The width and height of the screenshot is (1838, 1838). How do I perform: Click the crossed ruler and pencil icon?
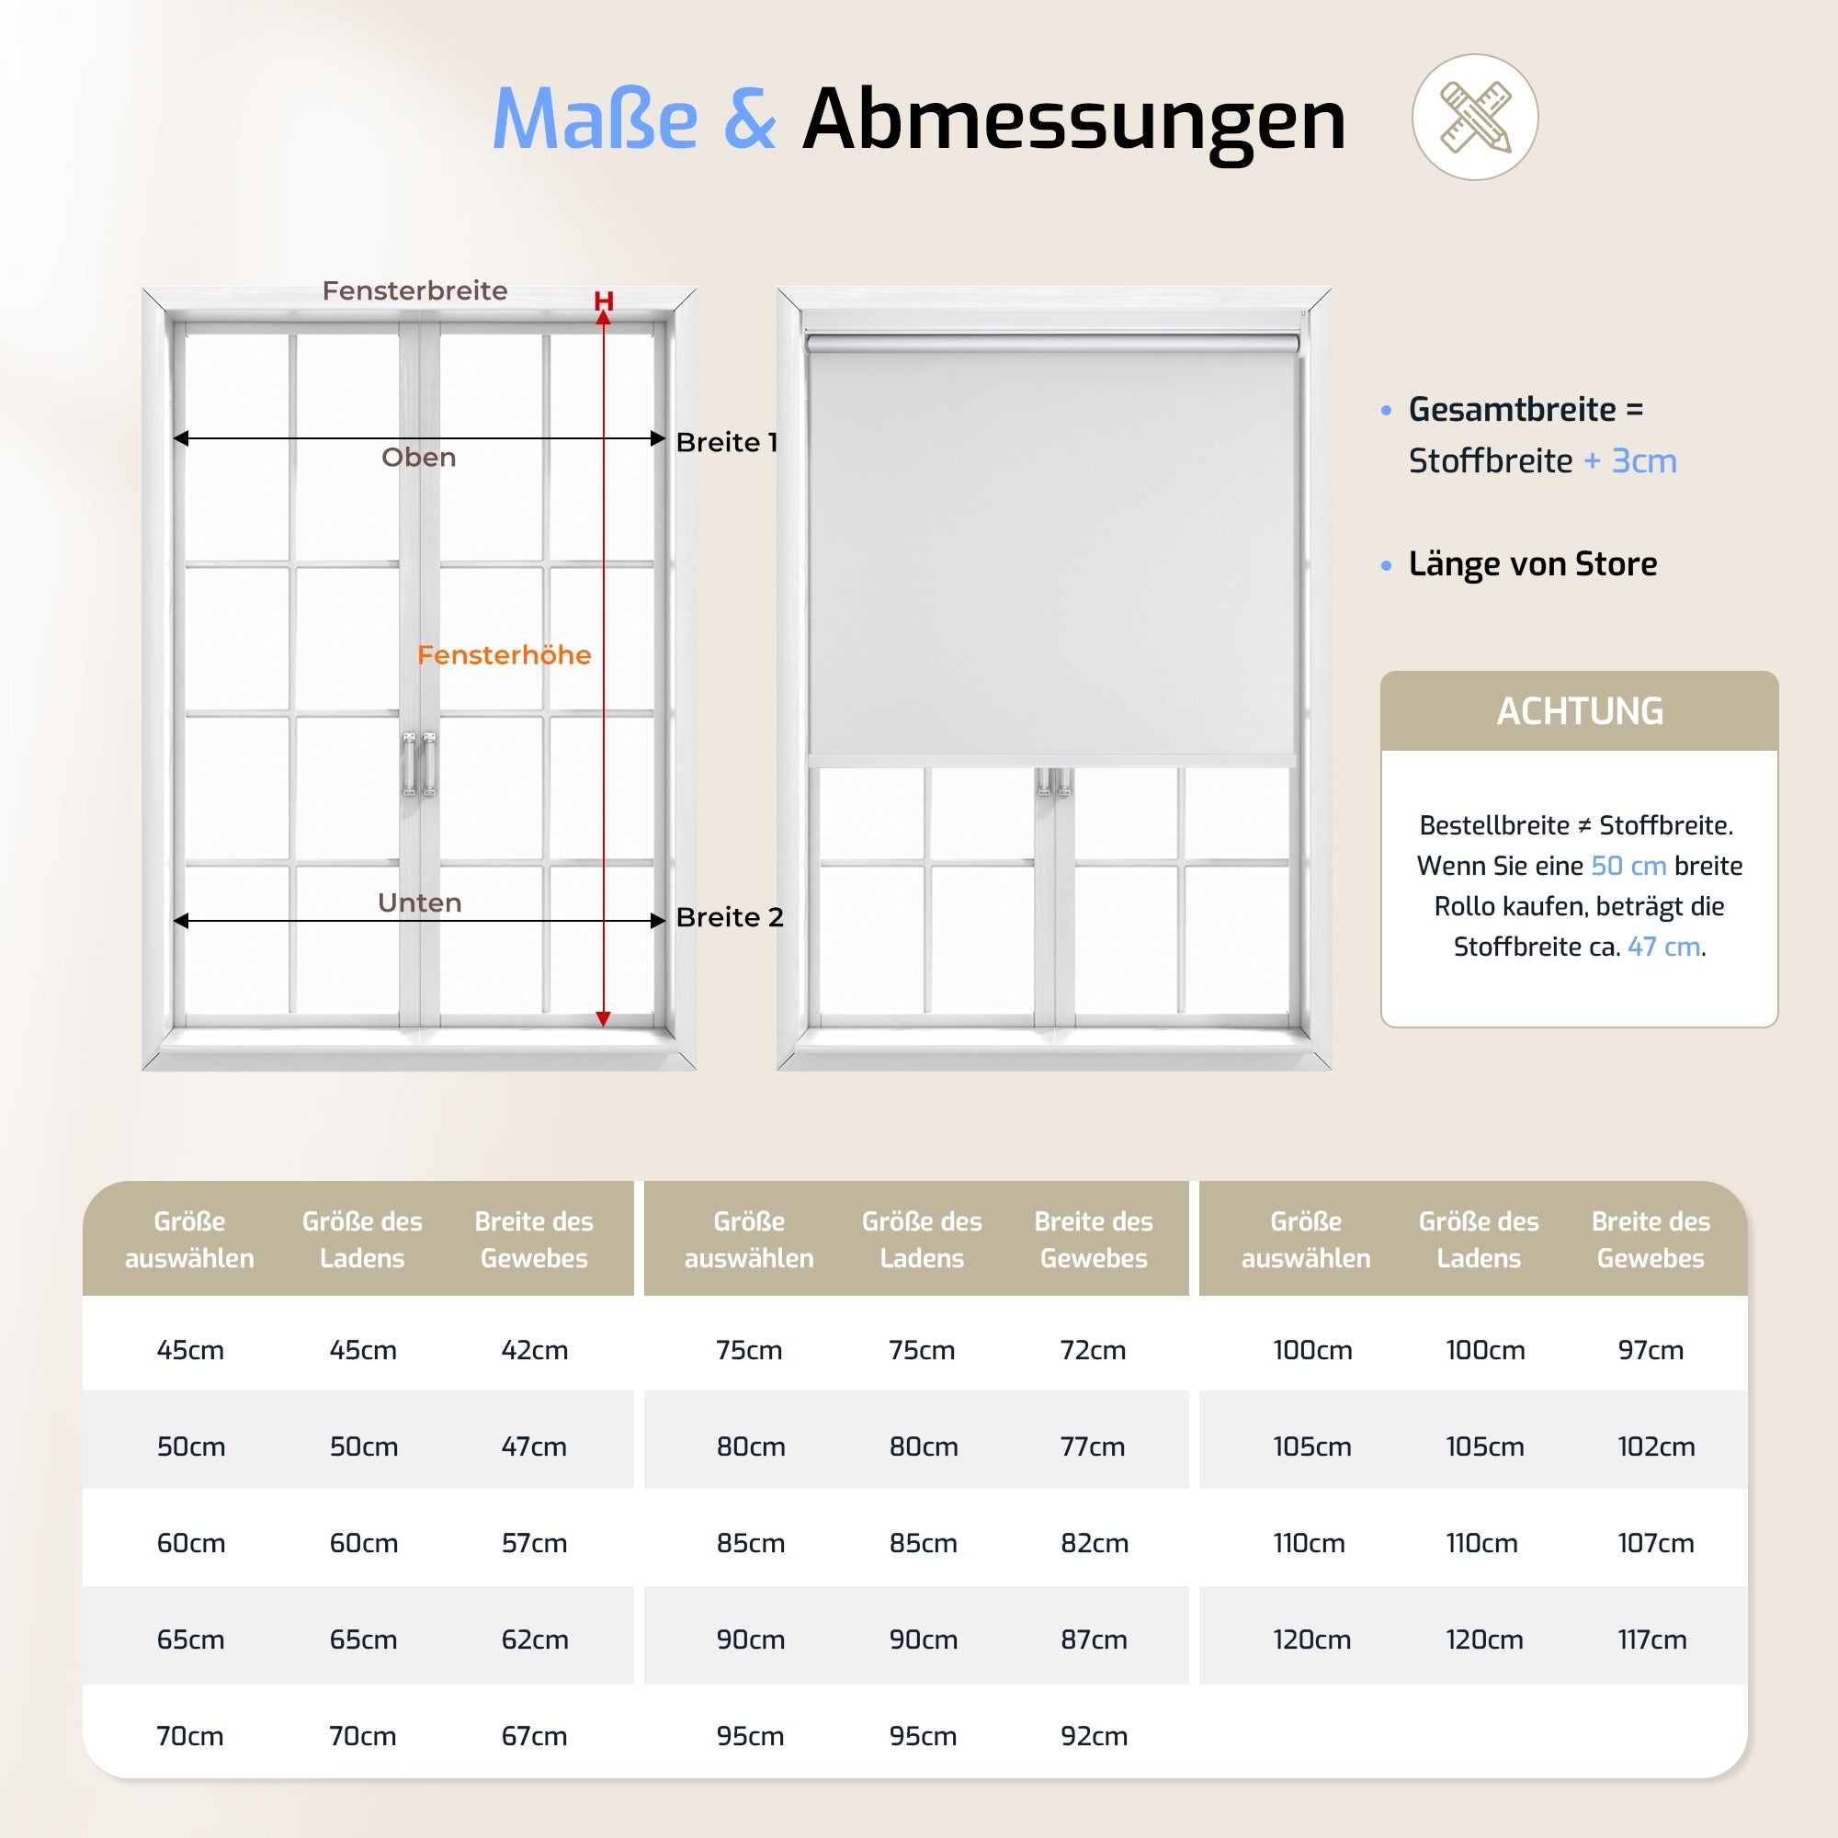1475,117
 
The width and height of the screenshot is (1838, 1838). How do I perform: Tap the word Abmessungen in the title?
1073,119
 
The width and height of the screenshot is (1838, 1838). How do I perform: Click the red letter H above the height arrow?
603,301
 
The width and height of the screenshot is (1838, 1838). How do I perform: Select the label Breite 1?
727,442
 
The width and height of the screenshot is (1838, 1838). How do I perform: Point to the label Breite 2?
729,917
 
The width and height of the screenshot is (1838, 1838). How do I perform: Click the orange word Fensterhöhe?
505,654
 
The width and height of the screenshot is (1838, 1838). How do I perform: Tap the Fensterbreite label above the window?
414,290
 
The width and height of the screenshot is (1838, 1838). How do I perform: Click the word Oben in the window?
418,458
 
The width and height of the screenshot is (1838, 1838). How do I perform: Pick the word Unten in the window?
420,902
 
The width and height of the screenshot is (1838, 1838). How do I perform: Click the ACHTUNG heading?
1579,711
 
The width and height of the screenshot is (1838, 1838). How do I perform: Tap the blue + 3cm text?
1629,460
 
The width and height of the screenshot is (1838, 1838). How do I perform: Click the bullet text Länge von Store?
1532,564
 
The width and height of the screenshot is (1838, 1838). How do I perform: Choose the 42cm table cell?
535,1350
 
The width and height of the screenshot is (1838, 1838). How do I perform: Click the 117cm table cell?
1651,1639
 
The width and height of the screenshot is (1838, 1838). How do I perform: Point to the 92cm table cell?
1094,1736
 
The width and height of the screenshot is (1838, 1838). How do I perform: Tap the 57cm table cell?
535,1543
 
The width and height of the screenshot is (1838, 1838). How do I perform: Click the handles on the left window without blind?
418,763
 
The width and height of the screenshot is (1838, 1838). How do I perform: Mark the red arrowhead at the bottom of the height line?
603,1019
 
